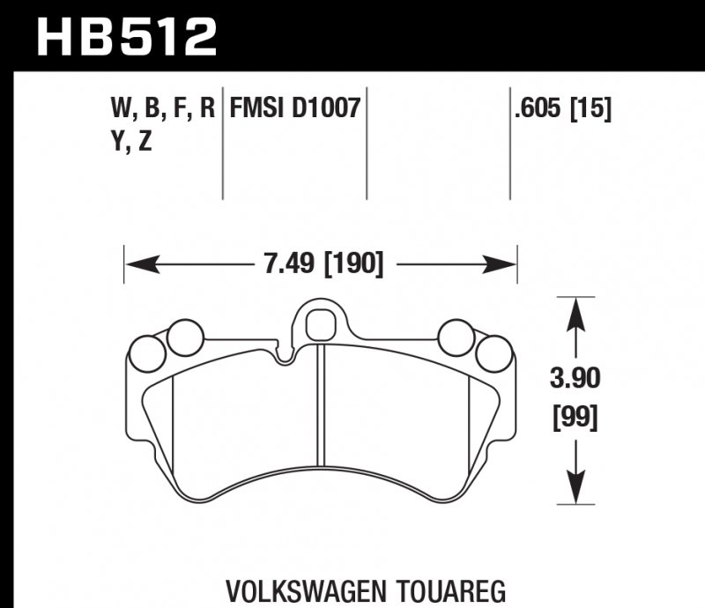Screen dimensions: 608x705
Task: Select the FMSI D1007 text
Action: (294, 110)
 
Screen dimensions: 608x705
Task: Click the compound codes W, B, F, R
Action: (162, 110)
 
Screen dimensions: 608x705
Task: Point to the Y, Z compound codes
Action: (131, 143)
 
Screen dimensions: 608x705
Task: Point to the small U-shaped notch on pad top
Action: (284, 356)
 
